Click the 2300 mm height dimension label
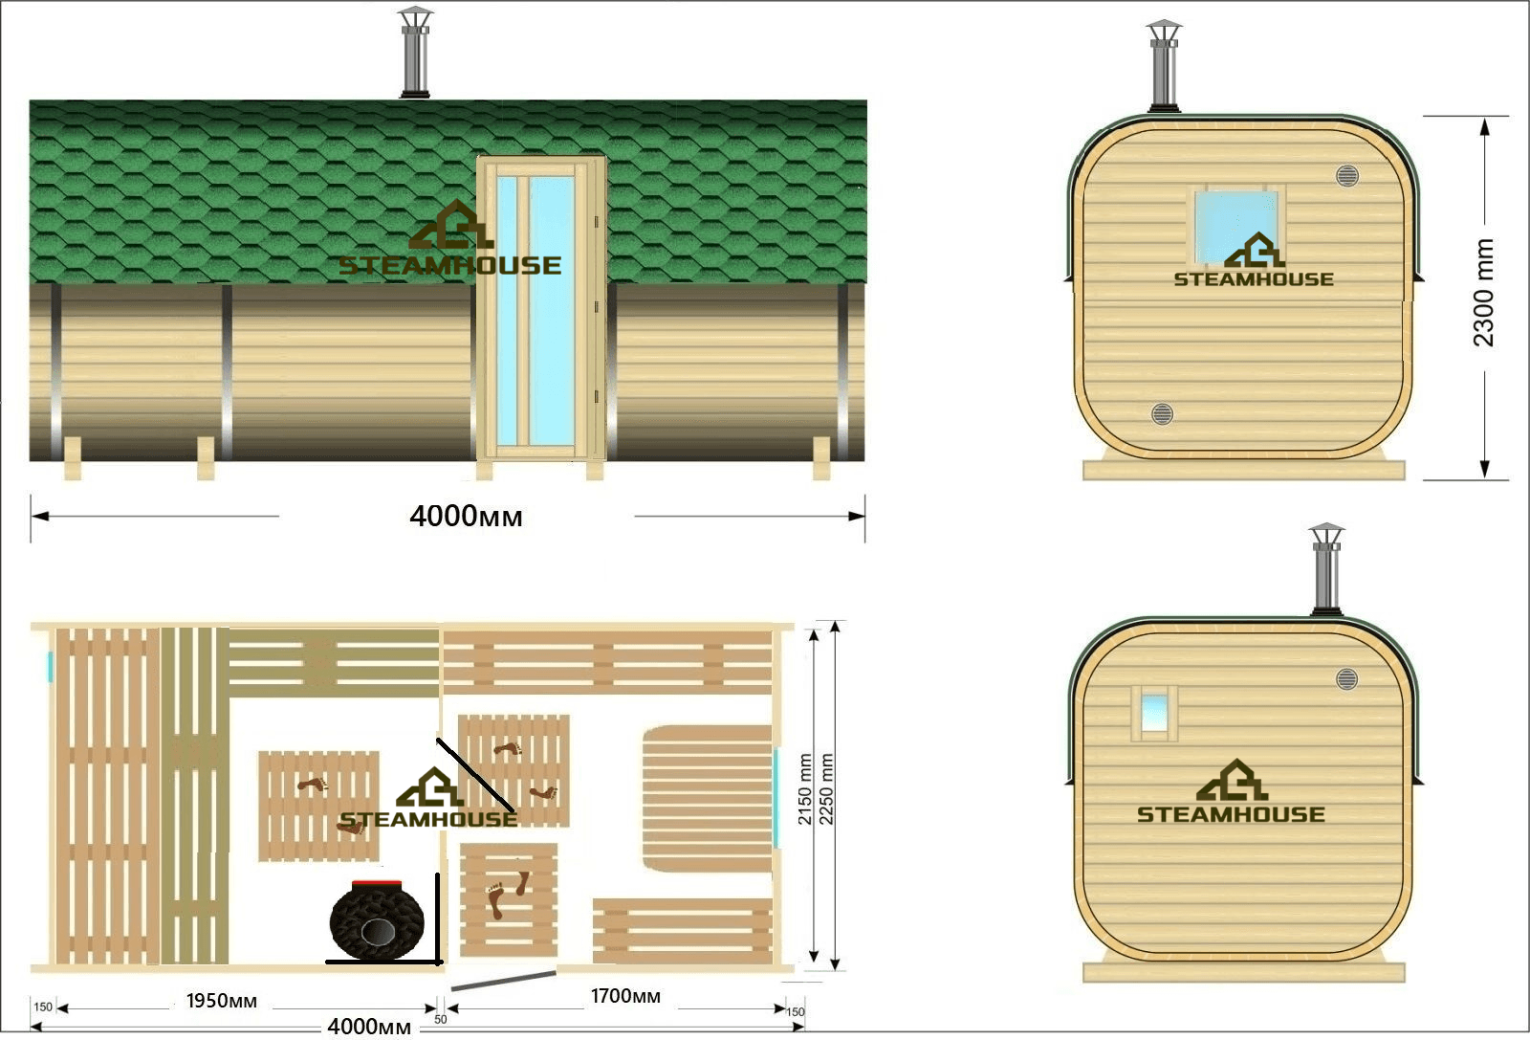point(1483,293)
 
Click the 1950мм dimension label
point(221,1001)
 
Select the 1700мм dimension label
point(625,996)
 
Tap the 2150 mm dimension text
point(804,789)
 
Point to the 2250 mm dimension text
point(826,789)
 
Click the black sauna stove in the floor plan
point(377,920)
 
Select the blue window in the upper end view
point(1236,227)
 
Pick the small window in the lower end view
point(1153,713)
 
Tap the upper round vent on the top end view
point(1347,176)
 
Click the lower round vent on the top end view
point(1162,413)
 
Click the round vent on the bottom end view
point(1346,679)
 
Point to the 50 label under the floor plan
point(441,1020)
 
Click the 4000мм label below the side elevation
point(466,517)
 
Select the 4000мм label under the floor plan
point(369,1027)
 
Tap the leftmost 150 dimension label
point(43,1007)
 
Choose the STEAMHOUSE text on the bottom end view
point(1231,814)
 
